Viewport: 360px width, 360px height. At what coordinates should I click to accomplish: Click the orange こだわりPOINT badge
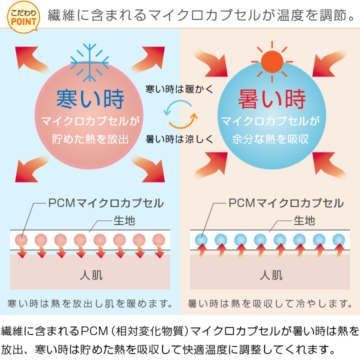(21, 17)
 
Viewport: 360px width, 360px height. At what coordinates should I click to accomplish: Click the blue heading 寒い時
(90, 98)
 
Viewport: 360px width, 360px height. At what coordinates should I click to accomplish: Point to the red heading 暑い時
(271, 98)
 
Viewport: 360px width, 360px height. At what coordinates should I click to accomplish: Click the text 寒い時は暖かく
(179, 89)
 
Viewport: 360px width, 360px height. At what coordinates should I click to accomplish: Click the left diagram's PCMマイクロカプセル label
(105, 203)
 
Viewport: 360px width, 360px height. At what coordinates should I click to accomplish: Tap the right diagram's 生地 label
(304, 220)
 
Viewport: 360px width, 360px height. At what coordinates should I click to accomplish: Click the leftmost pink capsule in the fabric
(21, 239)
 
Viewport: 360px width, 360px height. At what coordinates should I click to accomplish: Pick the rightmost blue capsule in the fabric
(338, 239)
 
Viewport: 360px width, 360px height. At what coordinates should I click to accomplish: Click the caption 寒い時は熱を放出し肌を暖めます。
(90, 303)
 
